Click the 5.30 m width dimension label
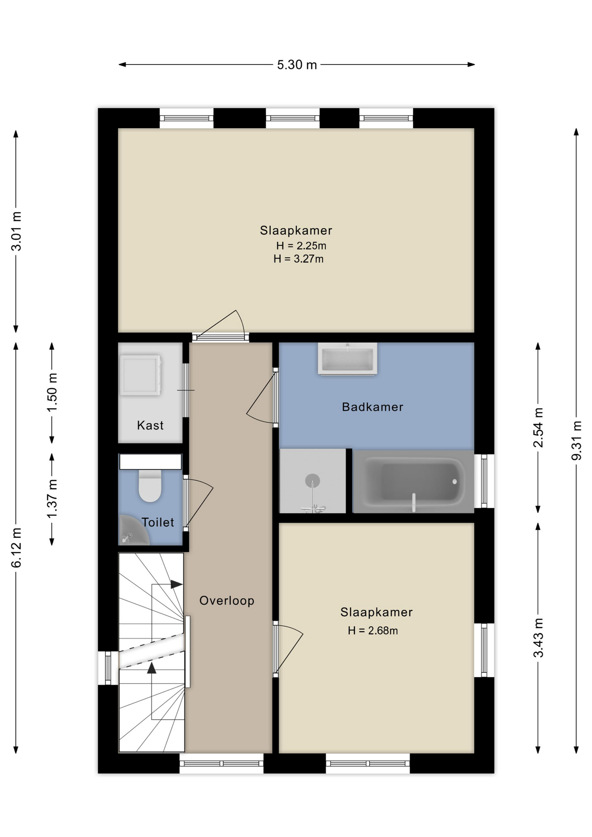[x=297, y=65]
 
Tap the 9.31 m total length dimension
[x=576, y=440]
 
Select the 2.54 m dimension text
[x=538, y=428]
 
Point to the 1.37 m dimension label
[x=52, y=499]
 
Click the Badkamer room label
[x=373, y=407]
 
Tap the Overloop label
[x=227, y=601]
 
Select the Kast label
[x=150, y=425]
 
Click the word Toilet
[x=158, y=522]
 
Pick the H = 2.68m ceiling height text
[x=373, y=631]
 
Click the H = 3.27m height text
[x=299, y=259]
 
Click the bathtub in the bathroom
[x=413, y=481]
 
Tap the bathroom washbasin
[x=347, y=359]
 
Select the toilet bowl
[x=150, y=486]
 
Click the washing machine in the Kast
[x=140, y=375]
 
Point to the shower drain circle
[x=313, y=481]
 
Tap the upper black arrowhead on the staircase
[x=177, y=584]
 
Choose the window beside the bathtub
[x=484, y=481]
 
